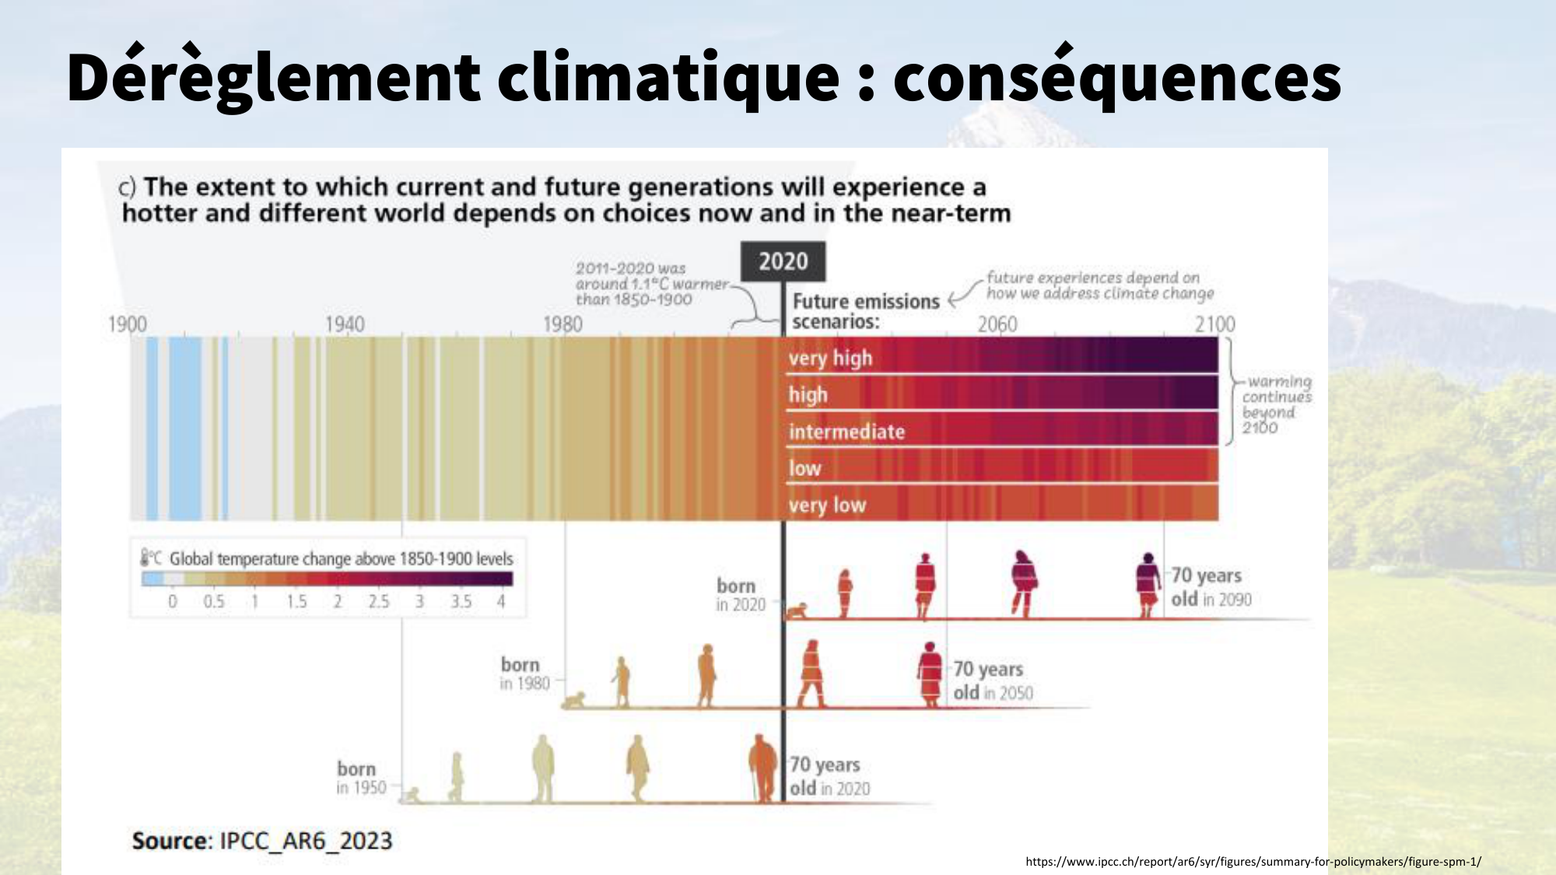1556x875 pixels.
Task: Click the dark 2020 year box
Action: click(783, 261)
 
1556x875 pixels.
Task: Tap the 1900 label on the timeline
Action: click(128, 324)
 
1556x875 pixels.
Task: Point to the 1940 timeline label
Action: click(345, 324)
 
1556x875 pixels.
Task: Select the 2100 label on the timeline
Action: click(1214, 324)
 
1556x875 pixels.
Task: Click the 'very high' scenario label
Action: click(830, 359)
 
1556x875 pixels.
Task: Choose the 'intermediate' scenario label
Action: click(846, 432)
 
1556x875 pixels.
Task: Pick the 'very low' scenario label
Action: click(827, 506)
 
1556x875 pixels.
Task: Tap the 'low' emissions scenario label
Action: click(804, 468)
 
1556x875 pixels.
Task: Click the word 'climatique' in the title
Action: click(669, 78)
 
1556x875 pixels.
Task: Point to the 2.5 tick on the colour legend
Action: click(379, 601)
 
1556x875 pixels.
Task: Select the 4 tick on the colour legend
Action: click(501, 601)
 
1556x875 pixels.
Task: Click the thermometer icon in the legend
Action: click(145, 558)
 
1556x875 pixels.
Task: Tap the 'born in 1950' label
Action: click(360, 778)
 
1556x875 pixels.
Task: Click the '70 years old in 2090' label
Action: click(1211, 587)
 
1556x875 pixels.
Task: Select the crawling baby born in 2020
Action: click(796, 611)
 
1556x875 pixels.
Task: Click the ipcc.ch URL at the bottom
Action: click(1253, 861)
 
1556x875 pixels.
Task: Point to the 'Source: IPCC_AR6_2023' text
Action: click(262, 841)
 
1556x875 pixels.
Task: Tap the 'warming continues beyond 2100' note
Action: click(1276, 404)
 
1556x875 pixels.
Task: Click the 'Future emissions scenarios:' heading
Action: click(865, 311)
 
